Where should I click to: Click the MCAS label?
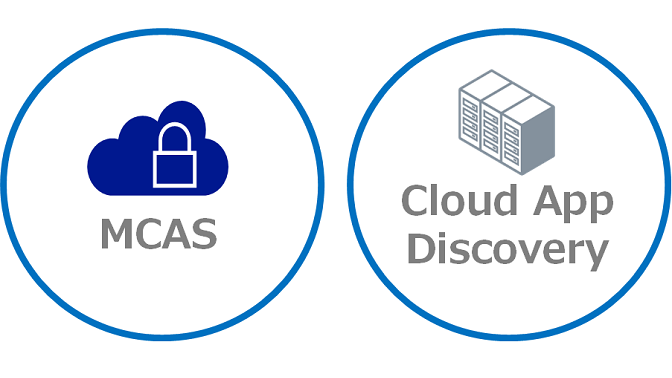pyautogui.click(x=158, y=234)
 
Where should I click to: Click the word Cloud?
pyautogui.click(x=457, y=201)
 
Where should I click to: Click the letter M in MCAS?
pyautogui.click(x=117, y=234)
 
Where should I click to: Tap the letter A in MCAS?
pyautogui.click(x=176, y=234)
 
